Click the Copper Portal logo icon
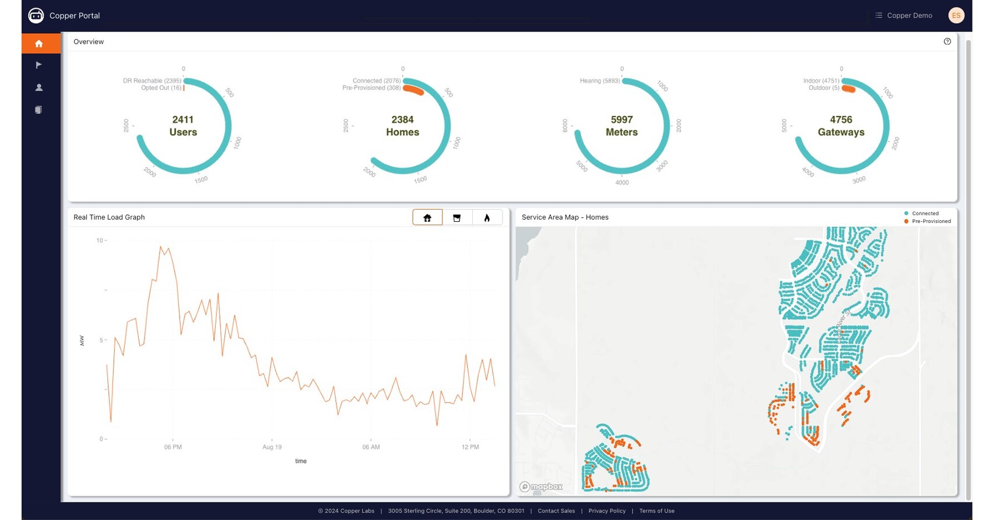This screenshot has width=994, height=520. coord(36,16)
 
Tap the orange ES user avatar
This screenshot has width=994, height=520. coord(956,16)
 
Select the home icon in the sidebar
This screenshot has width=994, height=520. coord(39,44)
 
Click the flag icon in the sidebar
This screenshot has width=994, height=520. coord(39,65)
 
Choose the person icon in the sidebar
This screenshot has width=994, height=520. coord(39,87)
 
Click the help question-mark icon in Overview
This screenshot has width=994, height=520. coord(947,41)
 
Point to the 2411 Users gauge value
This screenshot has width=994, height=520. coord(183,120)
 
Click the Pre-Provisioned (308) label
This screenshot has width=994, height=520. coord(371,88)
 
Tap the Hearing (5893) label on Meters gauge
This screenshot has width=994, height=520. coord(599,81)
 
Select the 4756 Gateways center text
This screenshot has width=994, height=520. coord(841,126)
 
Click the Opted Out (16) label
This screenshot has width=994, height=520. coord(161,88)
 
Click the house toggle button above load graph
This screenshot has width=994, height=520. coord(427,218)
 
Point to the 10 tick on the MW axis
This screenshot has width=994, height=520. coord(100,240)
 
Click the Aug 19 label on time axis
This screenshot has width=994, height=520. coord(272,447)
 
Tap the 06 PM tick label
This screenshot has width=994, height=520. coord(173,447)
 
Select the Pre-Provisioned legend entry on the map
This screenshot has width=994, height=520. coord(931,221)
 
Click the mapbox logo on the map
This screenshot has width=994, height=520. coord(542,487)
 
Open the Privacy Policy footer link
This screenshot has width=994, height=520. coord(607,511)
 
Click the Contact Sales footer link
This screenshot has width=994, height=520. coord(556,511)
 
